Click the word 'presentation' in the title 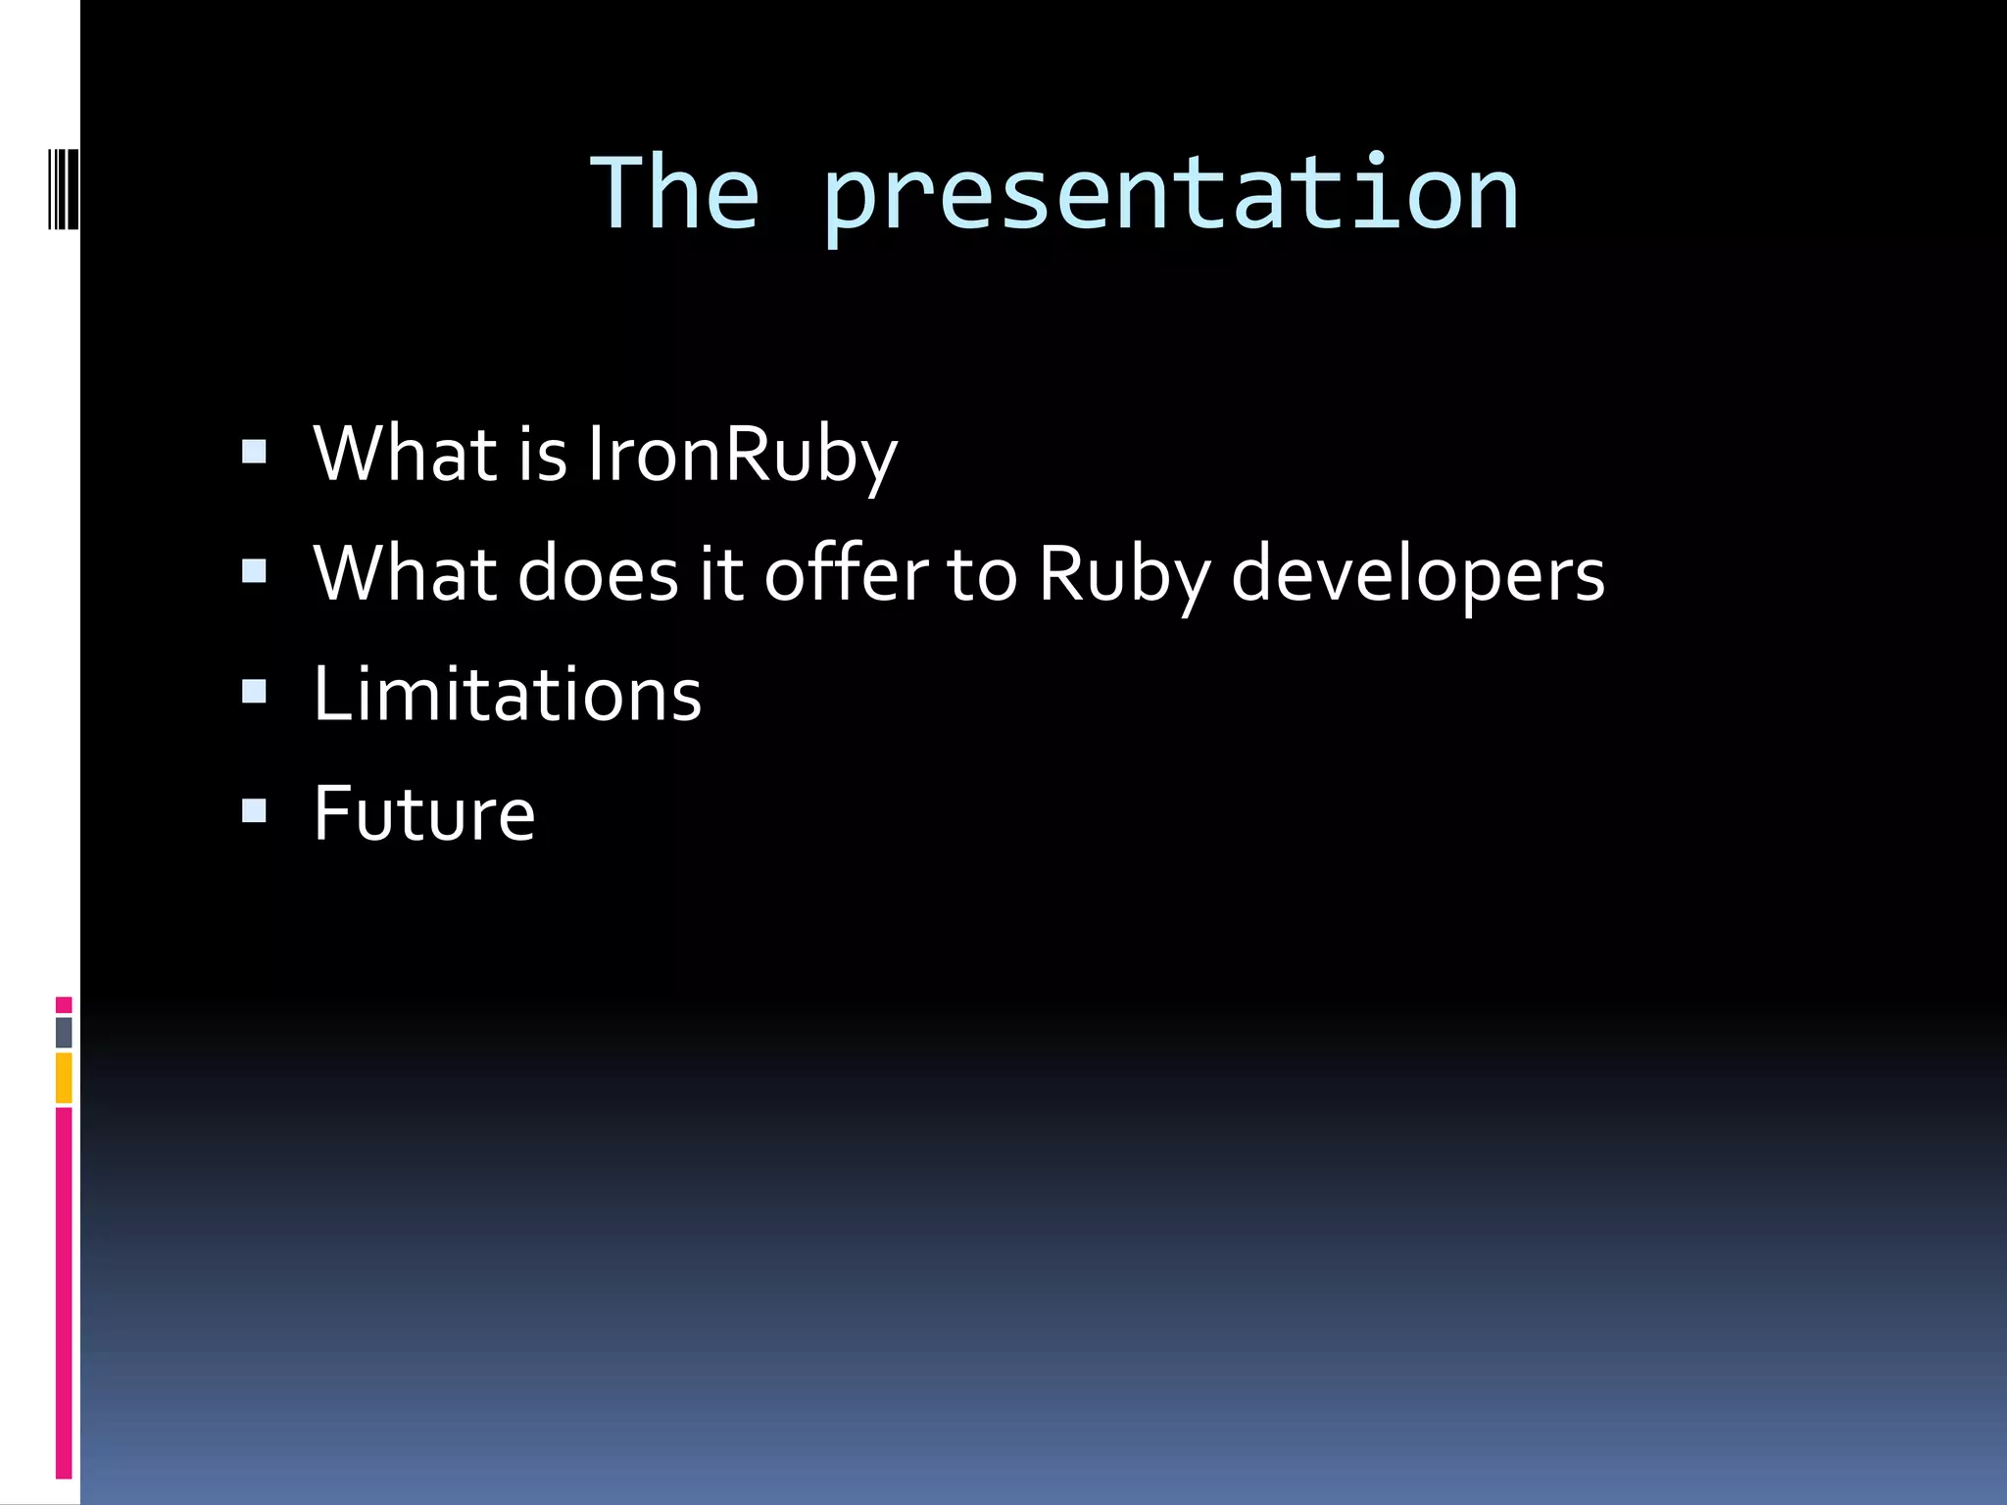pos(1170,196)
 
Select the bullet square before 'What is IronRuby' pos(254,451)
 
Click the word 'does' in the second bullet pos(597,574)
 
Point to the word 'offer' pos(846,574)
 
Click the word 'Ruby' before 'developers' pos(1124,576)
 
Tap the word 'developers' pos(1417,576)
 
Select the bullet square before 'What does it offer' pos(254,571)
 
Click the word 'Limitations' pos(507,694)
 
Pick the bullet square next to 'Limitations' pos(254,692)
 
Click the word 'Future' pos(423,813)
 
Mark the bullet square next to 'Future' pos(254,810)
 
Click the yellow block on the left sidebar pos(64,1078)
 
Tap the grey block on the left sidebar pos(64,1032)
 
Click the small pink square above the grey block pos(64,1004)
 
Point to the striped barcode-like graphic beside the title pos(64,187)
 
